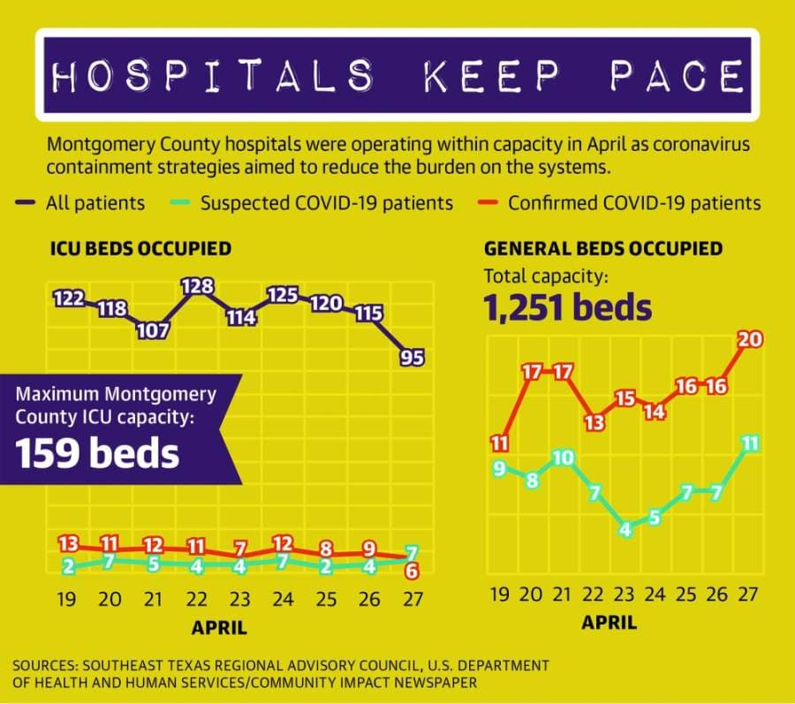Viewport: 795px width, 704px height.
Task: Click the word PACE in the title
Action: [x=677, y=75]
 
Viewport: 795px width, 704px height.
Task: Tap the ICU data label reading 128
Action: [x=197, y=286]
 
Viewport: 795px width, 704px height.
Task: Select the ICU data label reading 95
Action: [x=412, y=358]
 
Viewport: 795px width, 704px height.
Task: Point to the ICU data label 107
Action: [x=153, y=331]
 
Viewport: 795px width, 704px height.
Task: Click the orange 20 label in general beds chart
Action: [x=750, y=339]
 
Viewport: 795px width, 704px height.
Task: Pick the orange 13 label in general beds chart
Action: [x=595, y=422]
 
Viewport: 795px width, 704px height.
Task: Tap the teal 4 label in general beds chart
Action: [x=625, y=530]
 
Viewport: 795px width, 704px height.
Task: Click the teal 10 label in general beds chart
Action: [x=563, y=458]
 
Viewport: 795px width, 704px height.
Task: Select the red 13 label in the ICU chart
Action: [x=68, y=544]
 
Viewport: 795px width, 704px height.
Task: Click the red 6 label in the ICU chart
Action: [x=412, y=572]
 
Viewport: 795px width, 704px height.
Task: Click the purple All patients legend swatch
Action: [x=25, y=203]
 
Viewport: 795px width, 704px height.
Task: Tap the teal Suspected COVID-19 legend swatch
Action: [x=179, y=203]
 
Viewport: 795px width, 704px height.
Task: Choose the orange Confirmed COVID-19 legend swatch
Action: [x=488, y=203]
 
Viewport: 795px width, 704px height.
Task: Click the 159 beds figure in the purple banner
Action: [x=97, y=452]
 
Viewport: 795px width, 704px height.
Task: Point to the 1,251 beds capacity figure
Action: [x=567, y=307]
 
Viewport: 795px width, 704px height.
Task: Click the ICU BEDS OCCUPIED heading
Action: [x=141, y=248]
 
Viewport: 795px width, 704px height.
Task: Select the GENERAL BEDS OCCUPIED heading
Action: [x=603, y=248]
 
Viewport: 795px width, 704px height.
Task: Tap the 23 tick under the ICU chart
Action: [x=239, y=599]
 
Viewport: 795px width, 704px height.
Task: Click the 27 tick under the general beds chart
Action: [x=748, y=594]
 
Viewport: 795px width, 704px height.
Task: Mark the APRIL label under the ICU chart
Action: [x=220, y=628]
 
